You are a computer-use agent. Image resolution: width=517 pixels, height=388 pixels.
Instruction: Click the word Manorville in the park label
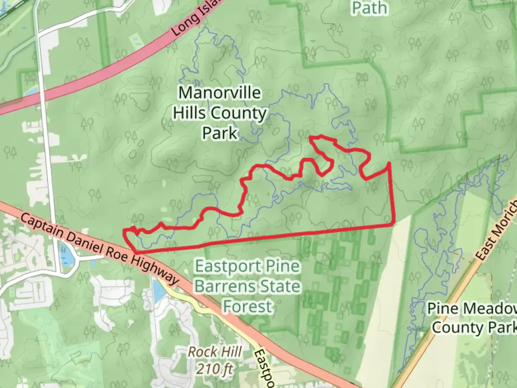click(220, 93)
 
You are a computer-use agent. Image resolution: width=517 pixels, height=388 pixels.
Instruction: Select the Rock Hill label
click(215, 352)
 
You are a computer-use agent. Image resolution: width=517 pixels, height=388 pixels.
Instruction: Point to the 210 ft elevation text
click(215, 369)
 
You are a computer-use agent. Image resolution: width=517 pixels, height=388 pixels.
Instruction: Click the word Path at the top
click(370, 8)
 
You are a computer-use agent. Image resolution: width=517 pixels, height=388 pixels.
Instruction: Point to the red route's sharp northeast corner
click(389, 163)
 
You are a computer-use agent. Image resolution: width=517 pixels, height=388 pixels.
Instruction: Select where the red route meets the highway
click(135, 253)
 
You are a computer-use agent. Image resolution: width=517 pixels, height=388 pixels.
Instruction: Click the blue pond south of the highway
click(157, 290)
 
